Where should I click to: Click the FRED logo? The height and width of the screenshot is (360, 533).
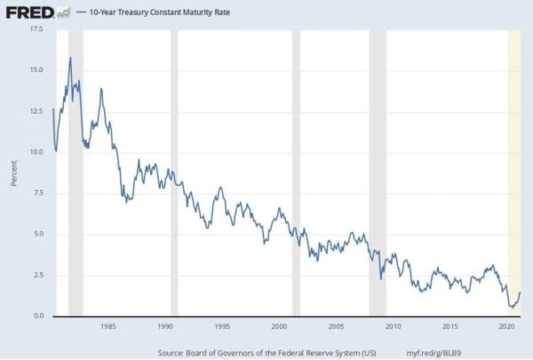click(x=28, y=12)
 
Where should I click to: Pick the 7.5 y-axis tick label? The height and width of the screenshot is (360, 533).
click(x=37, y=193)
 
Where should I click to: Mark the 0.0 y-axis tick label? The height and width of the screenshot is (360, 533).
click(x=37, y=316)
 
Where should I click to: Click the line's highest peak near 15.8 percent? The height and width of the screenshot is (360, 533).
click(x=70, y=58)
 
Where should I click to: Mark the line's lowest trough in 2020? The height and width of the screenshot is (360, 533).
click(x=511, y=307)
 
